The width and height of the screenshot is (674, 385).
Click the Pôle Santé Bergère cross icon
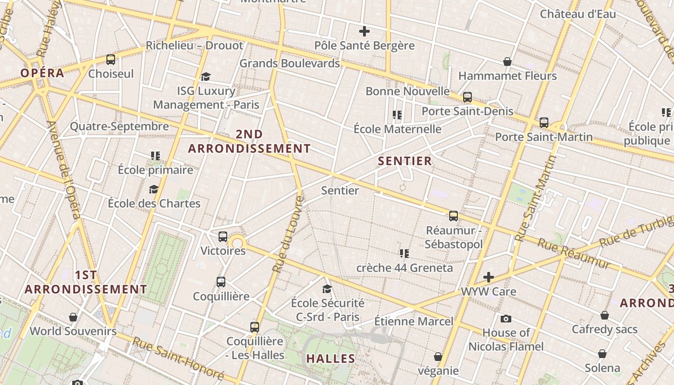(364, 32)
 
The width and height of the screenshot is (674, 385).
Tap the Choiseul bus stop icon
(111, 60)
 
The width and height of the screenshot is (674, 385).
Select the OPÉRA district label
(42, 73)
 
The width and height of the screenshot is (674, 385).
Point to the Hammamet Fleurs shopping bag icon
(507, 62)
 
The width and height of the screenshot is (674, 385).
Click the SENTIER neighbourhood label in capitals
(405, 161)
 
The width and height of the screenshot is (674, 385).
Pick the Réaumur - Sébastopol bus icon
(453, 216)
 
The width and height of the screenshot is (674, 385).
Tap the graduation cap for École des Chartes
(154, 190)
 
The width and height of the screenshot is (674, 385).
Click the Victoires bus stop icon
(222, 237)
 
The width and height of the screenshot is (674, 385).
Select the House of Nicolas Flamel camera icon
(505, 319)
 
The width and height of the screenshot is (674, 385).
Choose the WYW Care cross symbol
(489, 277)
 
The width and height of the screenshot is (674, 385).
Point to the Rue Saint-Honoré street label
(178, 358)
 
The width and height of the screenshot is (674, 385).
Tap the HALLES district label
(331, 359)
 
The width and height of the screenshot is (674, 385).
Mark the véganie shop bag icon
(438, 357)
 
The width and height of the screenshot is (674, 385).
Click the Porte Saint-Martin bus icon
(544, 123)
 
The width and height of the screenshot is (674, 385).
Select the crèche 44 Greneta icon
(404, 253)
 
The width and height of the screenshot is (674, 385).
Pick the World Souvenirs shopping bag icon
(73, 317)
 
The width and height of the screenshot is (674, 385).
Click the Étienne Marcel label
(414, 321)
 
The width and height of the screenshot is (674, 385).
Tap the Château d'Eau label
(578, 14)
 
